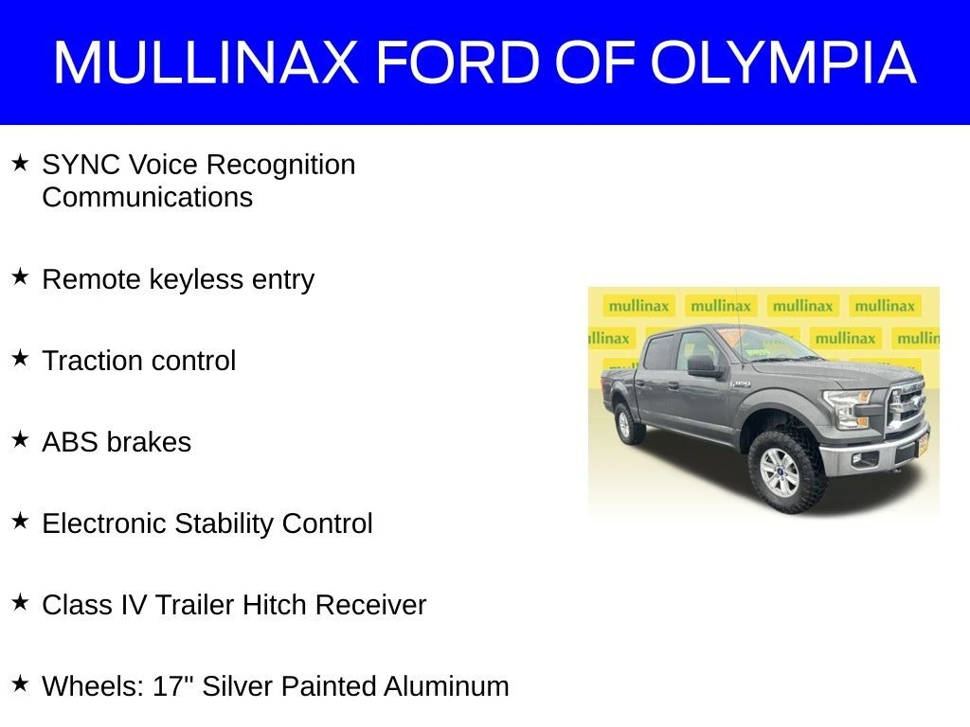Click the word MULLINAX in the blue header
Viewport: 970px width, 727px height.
point(206,62)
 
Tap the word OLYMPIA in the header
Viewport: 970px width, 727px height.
point(783,62)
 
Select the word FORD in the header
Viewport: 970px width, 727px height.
point(458,62)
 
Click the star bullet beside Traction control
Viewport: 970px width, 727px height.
point(21,358)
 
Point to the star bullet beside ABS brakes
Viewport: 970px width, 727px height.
point(21,439)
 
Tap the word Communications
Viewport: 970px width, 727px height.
point(147,198)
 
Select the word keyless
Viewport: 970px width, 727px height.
point(197,279)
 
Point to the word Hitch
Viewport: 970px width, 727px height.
point(274,605)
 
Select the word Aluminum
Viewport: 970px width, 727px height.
point(446,686)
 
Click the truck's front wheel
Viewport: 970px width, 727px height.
point(782,471)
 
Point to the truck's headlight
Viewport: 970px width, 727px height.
point(847,407)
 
